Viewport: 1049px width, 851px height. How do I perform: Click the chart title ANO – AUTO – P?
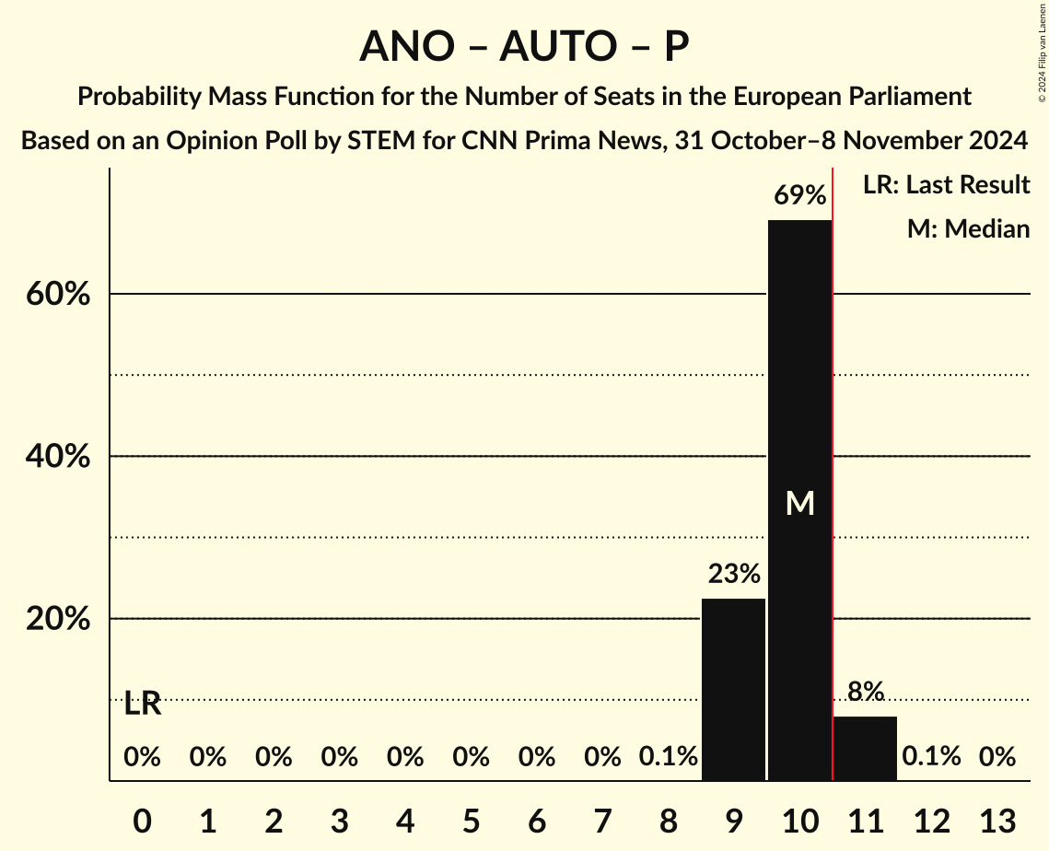point(524,47)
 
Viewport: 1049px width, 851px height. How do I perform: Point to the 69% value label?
point(799,195)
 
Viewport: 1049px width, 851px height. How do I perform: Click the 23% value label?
point(734,575)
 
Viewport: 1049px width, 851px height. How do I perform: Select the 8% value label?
point(866,692)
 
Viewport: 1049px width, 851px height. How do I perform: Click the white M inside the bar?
point(799,503)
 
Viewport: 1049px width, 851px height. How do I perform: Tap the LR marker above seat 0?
point(143,705)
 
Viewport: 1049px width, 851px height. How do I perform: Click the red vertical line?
point(833,460)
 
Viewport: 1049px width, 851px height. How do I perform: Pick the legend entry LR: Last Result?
point(946,185)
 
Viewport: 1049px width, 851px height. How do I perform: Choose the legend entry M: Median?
point(967,228)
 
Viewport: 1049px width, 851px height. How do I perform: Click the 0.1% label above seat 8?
point(669,757)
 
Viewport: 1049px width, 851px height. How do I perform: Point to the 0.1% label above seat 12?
point(931,757)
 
